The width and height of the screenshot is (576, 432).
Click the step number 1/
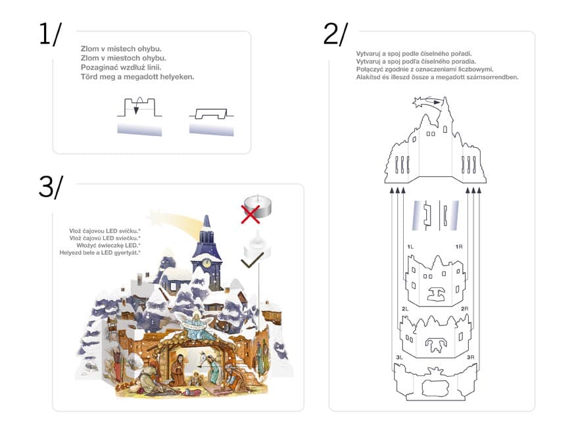51,34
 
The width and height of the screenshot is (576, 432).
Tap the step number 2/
335,34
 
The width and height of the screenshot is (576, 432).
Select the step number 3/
51,187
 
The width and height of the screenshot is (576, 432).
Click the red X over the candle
251,214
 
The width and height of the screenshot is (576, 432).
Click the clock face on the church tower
206,263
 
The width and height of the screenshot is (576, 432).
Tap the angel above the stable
197,325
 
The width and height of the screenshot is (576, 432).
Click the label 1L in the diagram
410,247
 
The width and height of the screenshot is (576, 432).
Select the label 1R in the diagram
459,247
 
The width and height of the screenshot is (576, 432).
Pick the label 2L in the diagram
405,309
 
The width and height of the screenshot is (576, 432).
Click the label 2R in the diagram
465,309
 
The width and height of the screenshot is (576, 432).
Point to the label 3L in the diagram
399,357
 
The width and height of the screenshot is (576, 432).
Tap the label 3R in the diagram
470,357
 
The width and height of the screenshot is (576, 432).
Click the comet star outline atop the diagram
426,102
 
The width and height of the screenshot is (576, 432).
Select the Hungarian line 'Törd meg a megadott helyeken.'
137,77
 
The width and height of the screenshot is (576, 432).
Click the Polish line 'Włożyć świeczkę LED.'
108,245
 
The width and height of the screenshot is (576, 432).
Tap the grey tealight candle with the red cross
258,206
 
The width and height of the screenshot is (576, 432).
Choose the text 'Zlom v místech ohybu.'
121,49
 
